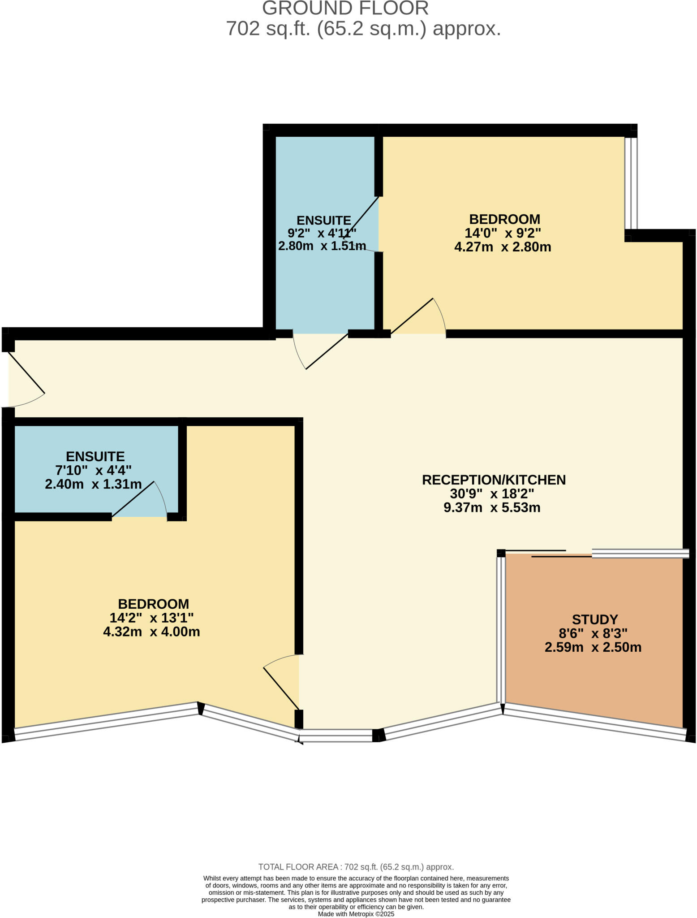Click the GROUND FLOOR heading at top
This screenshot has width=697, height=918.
345,9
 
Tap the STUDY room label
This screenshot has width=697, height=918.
594,619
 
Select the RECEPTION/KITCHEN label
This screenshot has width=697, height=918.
494,480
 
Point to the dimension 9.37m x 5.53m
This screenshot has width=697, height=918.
492,507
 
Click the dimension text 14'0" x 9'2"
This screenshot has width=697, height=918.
503,233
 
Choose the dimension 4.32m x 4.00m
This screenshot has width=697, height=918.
151,632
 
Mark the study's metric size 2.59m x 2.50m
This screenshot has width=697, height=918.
593,647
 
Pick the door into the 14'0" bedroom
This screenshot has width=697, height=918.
417,316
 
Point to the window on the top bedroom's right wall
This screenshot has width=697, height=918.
631,183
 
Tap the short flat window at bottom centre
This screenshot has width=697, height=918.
336,736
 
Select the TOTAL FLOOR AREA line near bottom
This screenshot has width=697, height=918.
356,867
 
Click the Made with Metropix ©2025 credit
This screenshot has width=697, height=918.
356,914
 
